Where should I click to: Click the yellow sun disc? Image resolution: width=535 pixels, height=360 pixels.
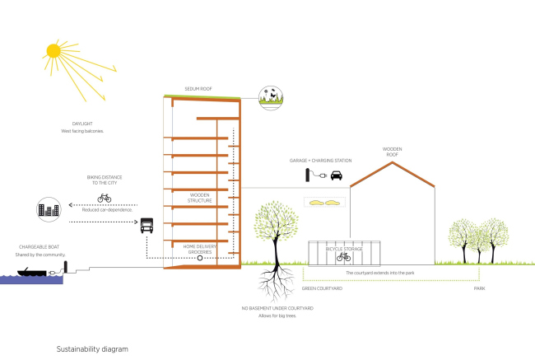pyautogui.click(x=53, y=50)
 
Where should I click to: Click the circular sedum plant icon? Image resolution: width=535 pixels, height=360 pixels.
pyautogui.click(x=269, y=97)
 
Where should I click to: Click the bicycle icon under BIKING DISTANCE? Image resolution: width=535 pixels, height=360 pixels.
pyautogui.click(x=105, y=198)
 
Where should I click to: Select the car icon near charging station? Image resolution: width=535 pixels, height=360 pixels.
pyautogui.click(x=337, y=175)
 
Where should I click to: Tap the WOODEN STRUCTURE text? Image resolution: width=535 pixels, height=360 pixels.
pyautogui.click(x=200, y=199)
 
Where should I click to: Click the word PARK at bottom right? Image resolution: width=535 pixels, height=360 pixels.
pyautogui.click(x=479, y=289)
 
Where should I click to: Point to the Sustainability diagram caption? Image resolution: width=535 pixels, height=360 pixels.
pyautogui.click(x=93, y=349)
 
